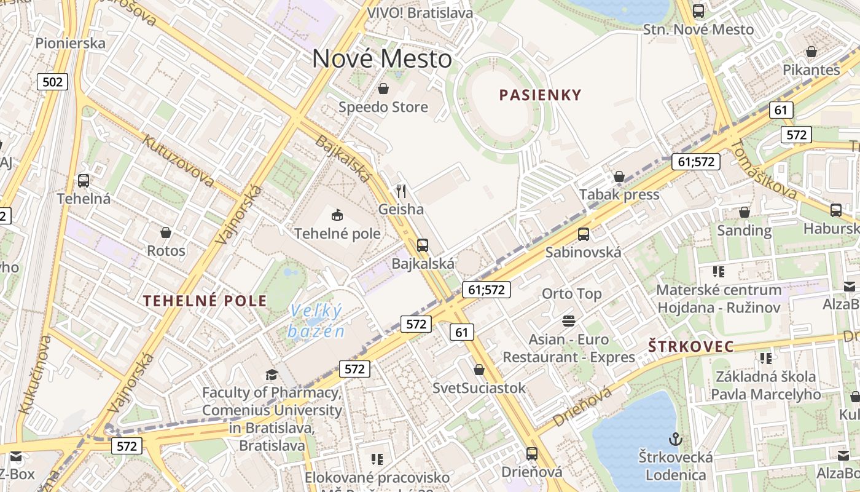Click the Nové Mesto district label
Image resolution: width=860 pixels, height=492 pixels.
coord(382,59)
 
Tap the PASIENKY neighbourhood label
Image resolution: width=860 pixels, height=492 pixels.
coord(540,95)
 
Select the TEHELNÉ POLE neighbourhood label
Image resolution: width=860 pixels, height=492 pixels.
coord(205,301)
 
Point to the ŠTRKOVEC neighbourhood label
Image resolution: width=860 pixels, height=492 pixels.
coord(691,347)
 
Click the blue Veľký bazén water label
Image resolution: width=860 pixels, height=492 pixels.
coord(316,321)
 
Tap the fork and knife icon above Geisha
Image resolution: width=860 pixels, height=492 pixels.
coord(401,191)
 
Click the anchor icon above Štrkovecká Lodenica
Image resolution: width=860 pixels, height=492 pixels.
coord(675,439)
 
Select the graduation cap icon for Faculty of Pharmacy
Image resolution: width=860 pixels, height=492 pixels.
coord(271,375)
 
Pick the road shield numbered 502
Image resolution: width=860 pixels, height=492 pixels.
coord(52,81)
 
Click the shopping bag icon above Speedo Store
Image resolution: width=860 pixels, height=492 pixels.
coord(383,89)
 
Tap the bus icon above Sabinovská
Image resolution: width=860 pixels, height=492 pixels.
coord(583,234)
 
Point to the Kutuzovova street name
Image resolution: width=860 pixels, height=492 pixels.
coord(178,160)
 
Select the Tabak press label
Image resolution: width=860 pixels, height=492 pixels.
coord(619,195)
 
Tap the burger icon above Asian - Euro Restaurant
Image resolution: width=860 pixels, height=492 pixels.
coord(568,320)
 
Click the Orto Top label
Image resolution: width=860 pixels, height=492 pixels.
coord(571,294)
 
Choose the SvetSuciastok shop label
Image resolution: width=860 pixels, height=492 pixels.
coord(479,388)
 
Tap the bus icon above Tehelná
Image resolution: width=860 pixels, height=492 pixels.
coord(84,181)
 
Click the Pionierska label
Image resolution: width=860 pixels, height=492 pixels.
coord(71,43)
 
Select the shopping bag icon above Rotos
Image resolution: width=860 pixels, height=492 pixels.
coord(165,232)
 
